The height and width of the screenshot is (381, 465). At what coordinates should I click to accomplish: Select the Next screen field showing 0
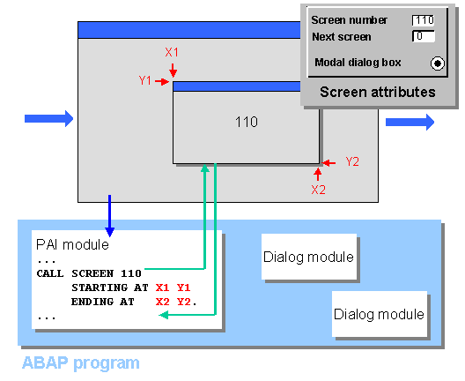pyautogui.click(x=424, y=37)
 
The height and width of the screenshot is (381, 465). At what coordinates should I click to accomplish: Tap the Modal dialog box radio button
pyautogui.click(x=437, y=63)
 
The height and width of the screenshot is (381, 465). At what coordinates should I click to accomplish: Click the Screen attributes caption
pyautogui.click(x=377, y=92)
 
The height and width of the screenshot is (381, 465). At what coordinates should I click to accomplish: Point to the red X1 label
pyautogui.click(x=173, y=52)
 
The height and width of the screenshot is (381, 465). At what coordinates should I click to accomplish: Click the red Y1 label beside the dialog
pyautogui.click(x=145, y=80)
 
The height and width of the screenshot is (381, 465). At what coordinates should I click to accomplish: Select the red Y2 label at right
pyautogui.click(x=352, y=161)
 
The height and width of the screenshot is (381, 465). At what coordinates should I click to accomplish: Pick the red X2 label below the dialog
pyautogui.click(x=319, y=189)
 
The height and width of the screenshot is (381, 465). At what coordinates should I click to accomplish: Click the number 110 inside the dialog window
pyautogui.click(x=247, y=122)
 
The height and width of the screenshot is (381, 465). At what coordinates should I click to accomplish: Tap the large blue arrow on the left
pyautogui.click(x=49, y=117)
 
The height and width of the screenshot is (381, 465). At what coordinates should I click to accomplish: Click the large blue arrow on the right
pyautogui.click(x=410, y=121)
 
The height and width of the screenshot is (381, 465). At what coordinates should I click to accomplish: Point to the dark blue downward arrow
pyautogui.click(x=108, y=211)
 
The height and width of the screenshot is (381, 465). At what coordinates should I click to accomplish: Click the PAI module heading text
pyautogui.click(x=72, y=244)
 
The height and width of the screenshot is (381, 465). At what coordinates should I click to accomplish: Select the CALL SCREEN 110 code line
pyautogui.click(x=89, y=273)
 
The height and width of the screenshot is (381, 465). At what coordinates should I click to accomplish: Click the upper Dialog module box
pyautogui.click(x=308, y=257)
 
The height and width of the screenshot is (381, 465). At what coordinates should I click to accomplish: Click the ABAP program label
pyautogui.click(x=80, y=362)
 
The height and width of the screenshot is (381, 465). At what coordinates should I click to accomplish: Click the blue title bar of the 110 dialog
pyautogui.click(x=246, y=86)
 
